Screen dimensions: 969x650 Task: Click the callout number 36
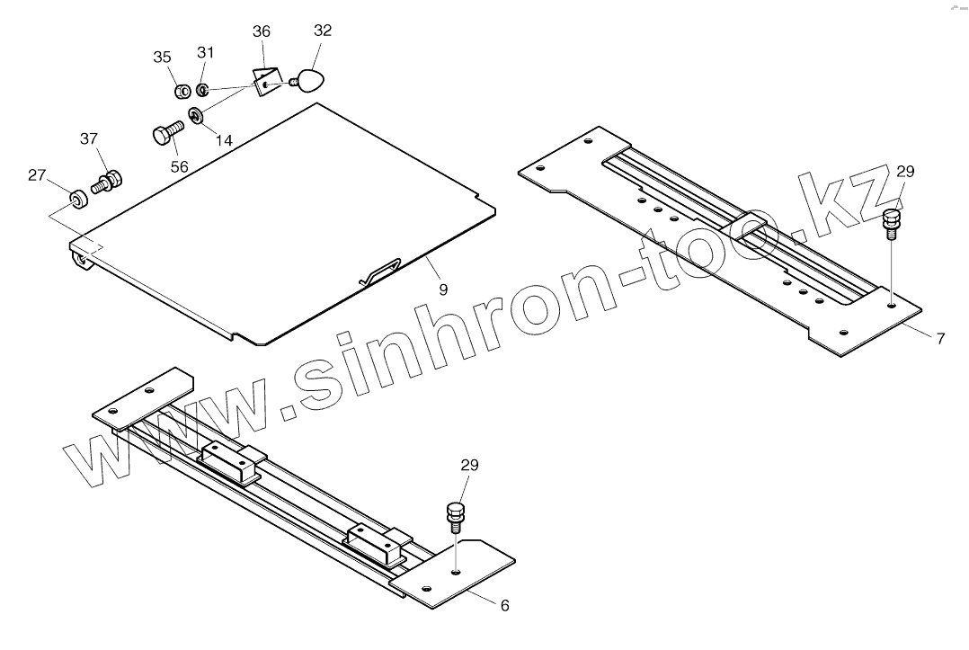click(x=261, y=31)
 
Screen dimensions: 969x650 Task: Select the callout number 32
click(x=323, y=31)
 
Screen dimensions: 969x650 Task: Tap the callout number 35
click(x=162, y=58)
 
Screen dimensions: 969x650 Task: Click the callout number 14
click(x=224, y=140)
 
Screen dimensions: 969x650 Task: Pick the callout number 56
click(x=179, y=166)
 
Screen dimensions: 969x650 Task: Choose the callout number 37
click(x=88, y=138)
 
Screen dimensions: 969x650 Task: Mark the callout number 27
click(x=36, y=175)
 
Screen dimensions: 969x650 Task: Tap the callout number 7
click(x=940, y=339)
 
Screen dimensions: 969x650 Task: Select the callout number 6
click(x=504, y=606)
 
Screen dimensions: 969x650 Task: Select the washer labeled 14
click(x=194, y=115)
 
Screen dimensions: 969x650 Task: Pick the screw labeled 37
click(x=106, y=183)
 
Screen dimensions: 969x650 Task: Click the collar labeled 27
click(x=78, y=196)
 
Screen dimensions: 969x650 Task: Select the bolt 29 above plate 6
click(x=455, y=517)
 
